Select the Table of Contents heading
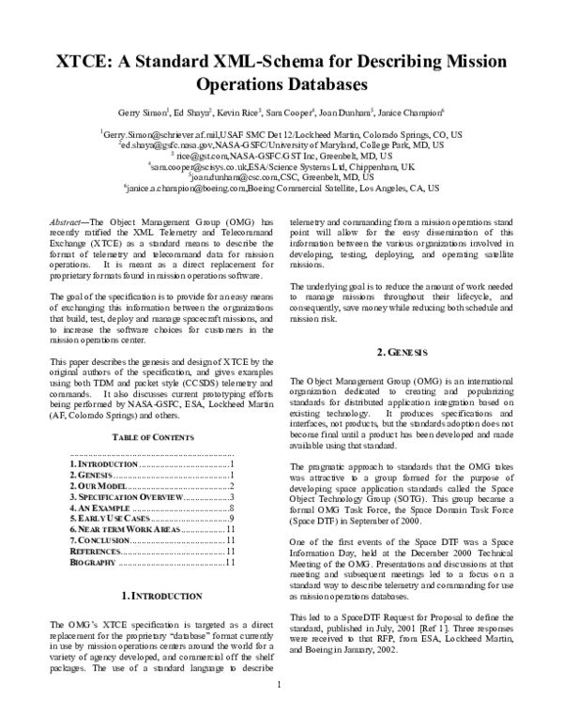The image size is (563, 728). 139,438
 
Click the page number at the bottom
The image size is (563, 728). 279,710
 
